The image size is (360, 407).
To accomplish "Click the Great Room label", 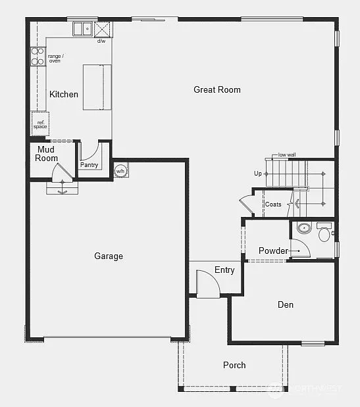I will pos(217,89).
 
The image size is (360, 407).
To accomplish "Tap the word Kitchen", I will pos(64,94).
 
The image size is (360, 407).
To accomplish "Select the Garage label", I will pos(109,256).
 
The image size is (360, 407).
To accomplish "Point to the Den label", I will pos(285,304).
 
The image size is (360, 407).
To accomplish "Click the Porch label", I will pos(234,365).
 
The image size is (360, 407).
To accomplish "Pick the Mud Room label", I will pos(47,154).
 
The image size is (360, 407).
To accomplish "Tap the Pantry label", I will pos(89,165).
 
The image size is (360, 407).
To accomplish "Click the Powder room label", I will pos(273,251).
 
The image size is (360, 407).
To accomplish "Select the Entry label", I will pos(224,270).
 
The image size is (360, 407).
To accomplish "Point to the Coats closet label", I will pos(273,204).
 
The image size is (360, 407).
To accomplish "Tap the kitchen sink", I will pos(83,29).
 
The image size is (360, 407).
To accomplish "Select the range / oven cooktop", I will pos(38,57).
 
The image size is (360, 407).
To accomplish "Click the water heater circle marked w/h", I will pos(120,171).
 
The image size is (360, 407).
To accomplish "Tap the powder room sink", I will pos(303,228).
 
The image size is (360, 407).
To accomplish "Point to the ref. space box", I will pos(40,123).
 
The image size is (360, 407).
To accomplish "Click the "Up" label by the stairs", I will pos(258,174).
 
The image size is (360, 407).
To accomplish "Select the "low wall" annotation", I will pos(287,155).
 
